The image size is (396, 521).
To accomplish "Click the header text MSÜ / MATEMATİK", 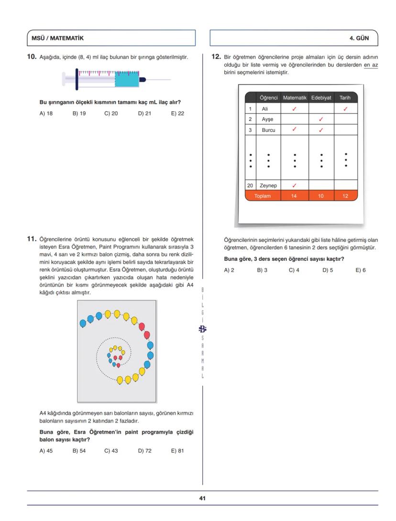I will click(57, 38).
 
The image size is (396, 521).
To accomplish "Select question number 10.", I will click(32, 57).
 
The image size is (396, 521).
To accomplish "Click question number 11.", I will click(32, 238).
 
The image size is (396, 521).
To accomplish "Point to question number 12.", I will click(216, 57).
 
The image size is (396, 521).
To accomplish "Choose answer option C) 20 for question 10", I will click(111, 114).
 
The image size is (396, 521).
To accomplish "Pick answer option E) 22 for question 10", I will click(177, 114).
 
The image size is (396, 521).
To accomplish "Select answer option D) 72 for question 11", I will click(144, 451).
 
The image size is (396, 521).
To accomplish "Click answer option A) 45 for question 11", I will click(46, 451).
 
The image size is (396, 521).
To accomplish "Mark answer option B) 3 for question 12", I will click(262, 270).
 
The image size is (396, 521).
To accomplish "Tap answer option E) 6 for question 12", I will click(361, 270).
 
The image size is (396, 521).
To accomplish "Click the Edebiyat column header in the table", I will click(321, 97).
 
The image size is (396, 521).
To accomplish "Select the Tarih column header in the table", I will click(345, 97).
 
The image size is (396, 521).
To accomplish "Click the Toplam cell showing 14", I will click(294, 196).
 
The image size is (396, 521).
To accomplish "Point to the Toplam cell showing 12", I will click(345, 196).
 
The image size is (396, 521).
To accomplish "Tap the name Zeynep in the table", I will click(268, 185).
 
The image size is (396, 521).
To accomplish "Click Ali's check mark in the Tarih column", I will click(345, 109).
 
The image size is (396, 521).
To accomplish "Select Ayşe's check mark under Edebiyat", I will click(321, 119).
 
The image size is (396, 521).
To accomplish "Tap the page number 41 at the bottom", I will click(202, 498).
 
